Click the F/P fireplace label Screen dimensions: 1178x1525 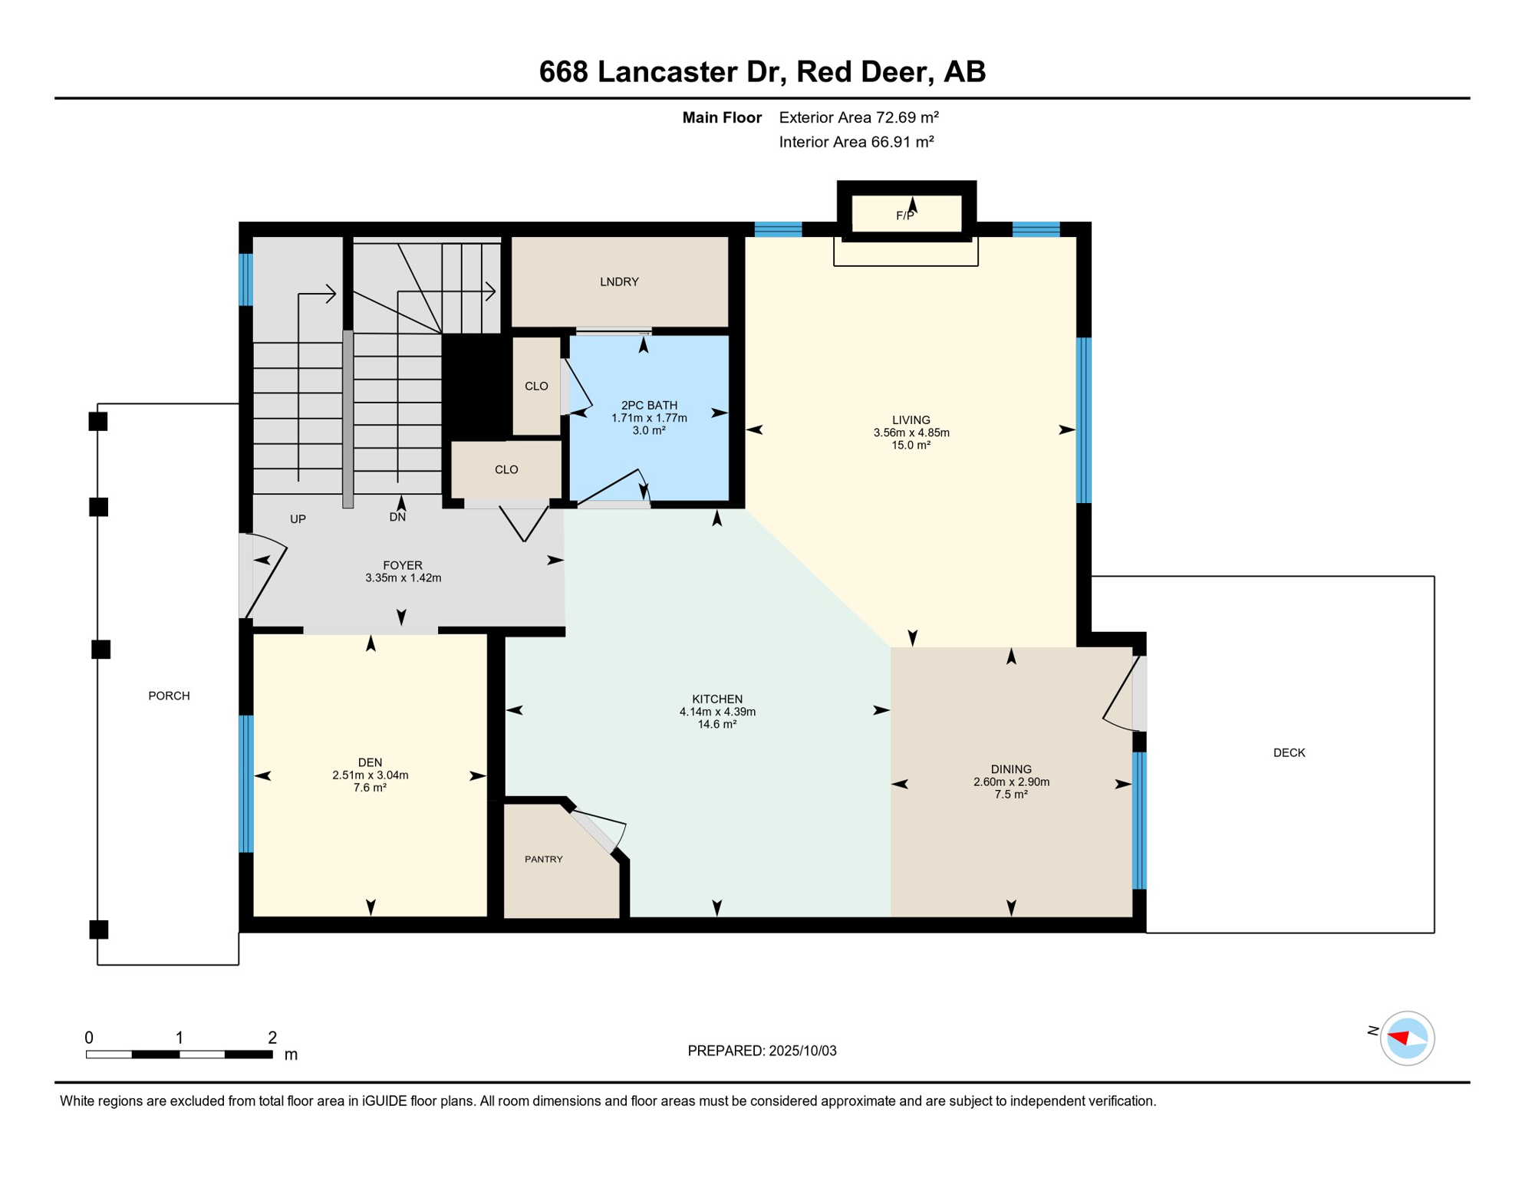point(905,216)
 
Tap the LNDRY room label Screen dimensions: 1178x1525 point(619,281)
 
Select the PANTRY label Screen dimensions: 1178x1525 point(544,859)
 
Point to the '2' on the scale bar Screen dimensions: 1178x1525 point(272,1038)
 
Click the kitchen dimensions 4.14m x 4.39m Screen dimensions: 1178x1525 point(717,712)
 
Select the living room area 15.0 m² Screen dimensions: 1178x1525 point(911,445)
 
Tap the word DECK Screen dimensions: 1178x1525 point(1289,752)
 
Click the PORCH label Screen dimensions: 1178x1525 point(169,696)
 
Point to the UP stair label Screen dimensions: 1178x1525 point(298,519)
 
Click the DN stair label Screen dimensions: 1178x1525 point(397,518)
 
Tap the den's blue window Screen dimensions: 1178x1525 point(246,783)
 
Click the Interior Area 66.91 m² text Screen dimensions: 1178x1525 point(856,142)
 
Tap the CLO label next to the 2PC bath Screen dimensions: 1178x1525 point(536,386)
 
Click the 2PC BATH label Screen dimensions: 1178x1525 point(649,405)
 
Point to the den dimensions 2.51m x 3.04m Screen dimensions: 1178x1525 point(370,775)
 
